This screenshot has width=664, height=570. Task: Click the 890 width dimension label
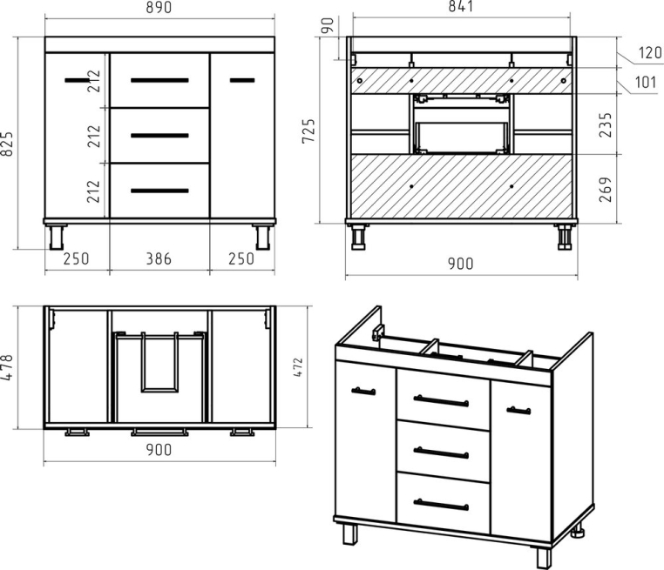click(159, 7)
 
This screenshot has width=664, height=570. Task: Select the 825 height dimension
click(8, 144)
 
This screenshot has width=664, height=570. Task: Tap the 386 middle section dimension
click(159, 258)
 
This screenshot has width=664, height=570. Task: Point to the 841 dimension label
click(460, 6)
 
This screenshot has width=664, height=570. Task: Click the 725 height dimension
click(308, 131)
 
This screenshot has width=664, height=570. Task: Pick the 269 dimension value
click(606, 190)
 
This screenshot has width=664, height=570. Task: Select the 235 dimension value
click(606, 124)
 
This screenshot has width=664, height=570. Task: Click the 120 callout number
click(650, 53)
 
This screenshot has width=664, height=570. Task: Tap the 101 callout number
click(646, 82)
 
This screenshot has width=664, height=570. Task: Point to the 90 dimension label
click(328, 25)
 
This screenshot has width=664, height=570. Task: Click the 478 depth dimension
click(8, 367)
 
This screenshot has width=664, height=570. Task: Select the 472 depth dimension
click(298, 367)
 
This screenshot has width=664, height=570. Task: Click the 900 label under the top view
click(159, 450)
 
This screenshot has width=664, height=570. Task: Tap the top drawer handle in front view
click(159, 80)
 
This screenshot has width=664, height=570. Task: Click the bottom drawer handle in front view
click(159, 191)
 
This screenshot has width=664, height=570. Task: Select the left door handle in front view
click(77, 80)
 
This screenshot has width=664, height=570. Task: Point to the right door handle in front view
click(242, 80)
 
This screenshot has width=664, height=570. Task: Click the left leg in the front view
click(57, 238)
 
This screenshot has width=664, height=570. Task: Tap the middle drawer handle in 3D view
click(441, 453)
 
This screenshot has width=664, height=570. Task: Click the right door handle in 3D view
click(518, 411)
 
